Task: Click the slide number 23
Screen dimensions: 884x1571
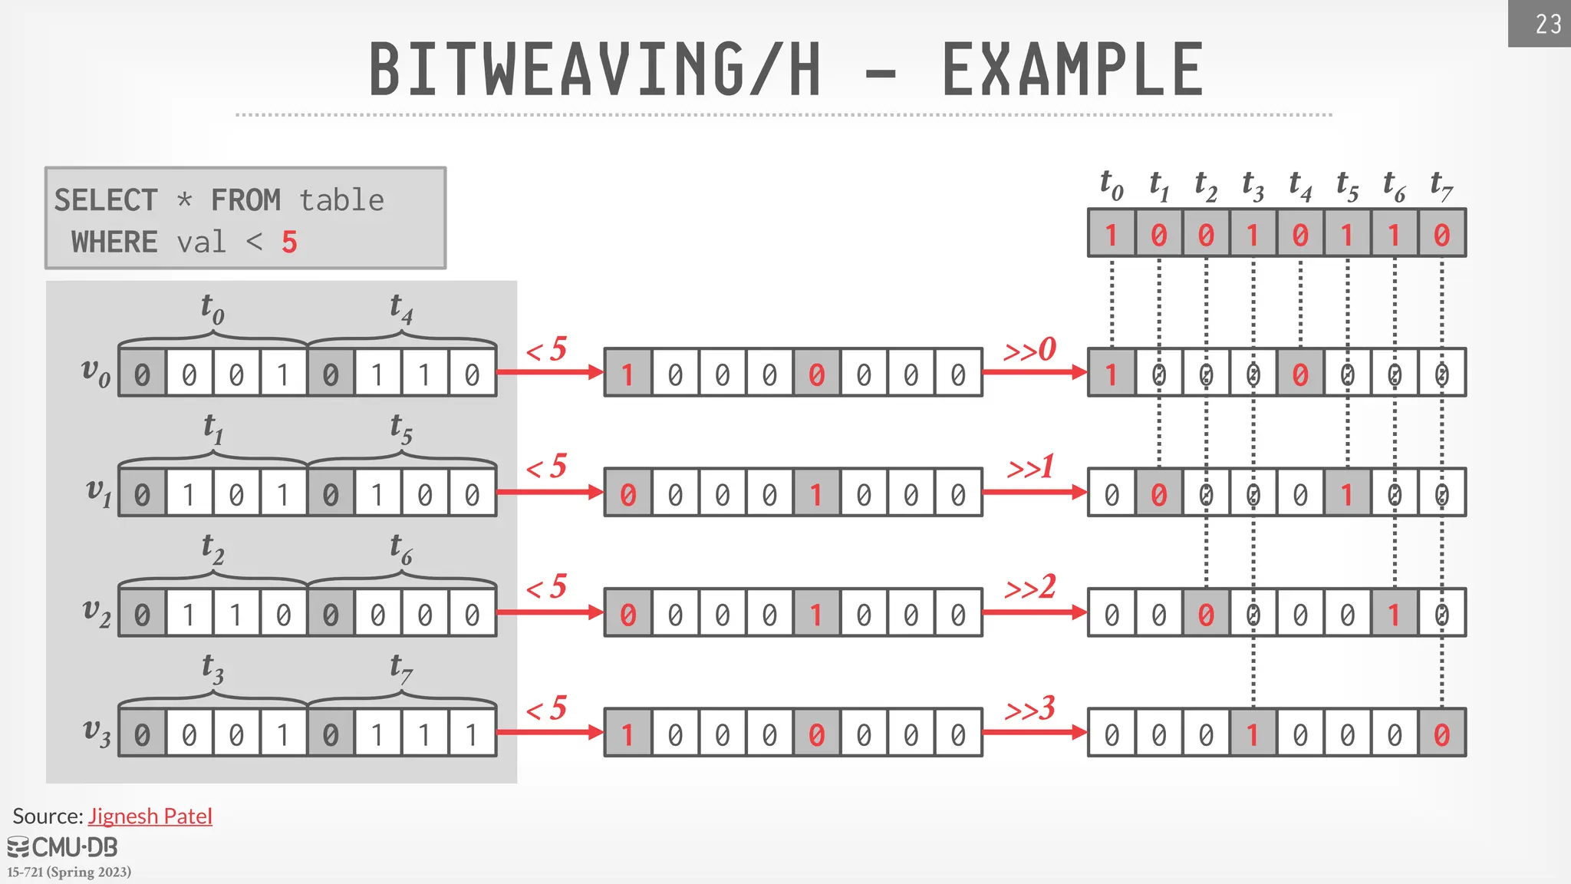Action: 1548,25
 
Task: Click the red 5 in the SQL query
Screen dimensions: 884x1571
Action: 289,242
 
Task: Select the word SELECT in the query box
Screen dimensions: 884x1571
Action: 106,201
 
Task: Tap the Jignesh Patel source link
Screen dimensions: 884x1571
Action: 150,816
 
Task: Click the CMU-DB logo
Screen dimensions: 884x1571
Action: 63,847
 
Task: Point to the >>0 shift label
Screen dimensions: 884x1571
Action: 1030,350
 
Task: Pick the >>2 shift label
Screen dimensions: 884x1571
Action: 1030,588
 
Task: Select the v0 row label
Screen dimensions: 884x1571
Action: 96,372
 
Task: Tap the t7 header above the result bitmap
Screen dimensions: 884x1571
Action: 1441,186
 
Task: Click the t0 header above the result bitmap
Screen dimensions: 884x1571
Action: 1112,186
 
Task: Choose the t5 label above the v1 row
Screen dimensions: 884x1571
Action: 401,428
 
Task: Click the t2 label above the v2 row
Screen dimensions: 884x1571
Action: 212,548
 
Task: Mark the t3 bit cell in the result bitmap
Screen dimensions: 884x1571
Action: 1253,234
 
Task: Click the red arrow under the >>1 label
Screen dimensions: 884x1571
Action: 1034,492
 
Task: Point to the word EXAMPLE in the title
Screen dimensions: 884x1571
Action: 1072,70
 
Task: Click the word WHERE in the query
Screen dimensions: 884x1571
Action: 114,242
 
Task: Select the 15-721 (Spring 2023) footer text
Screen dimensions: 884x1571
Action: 69,872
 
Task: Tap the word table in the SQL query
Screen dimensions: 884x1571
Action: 341,201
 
